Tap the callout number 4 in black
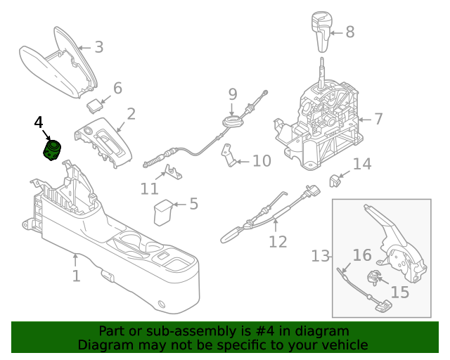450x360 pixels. click(x=39, y=122)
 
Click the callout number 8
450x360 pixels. click(x=349, y=32)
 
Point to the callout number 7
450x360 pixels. click(x=378, y=119)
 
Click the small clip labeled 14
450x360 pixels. click(x=335, y=181)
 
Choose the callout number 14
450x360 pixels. click(x=361, y=164)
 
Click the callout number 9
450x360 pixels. click(x=233, y=94)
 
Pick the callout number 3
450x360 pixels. click(x=98, y=47)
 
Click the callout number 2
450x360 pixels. click(x=131, y=113)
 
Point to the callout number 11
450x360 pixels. click(x=149, y=188)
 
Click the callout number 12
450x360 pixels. click(x=278, y=241)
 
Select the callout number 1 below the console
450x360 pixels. click(x=76, y=275)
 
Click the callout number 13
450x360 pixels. click(x=321, y=255)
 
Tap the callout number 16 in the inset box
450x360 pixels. click(x=361, y=255)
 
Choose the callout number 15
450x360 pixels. click(x=399, y=291)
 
